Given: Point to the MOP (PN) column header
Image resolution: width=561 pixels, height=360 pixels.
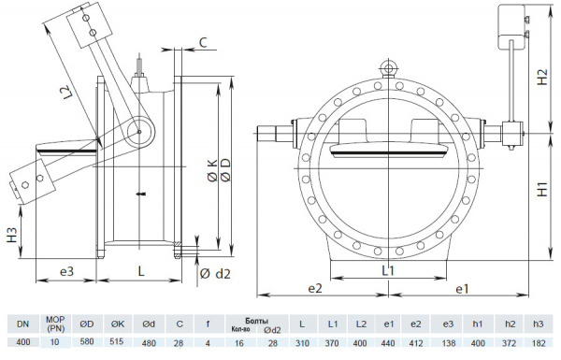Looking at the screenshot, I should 55,324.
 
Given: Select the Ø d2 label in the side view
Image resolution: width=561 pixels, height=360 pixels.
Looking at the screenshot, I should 214,274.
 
